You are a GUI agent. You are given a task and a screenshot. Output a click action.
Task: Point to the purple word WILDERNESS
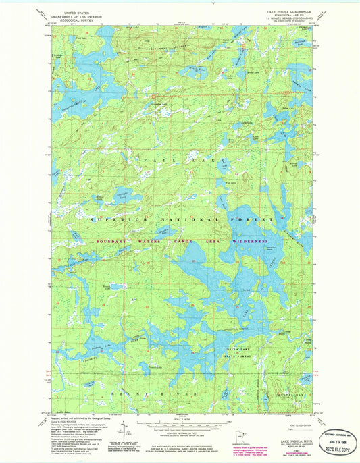click(251, 241)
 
